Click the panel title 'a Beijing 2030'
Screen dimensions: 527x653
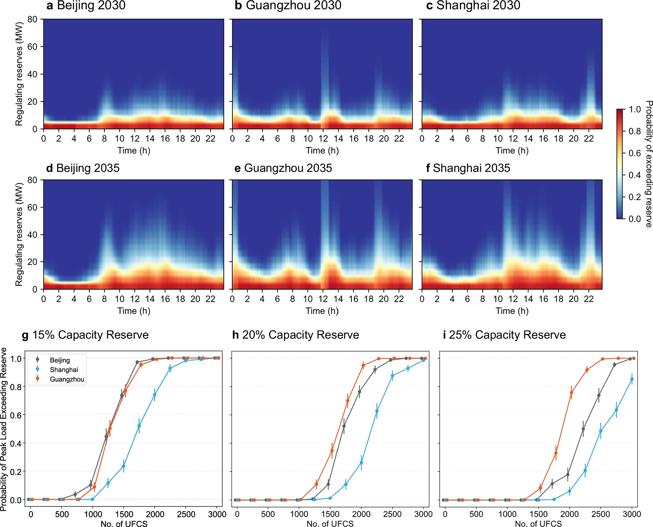coord(86,5)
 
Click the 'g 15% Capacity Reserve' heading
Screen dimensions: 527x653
coord(85,335)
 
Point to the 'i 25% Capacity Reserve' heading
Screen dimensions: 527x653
coord(504,335)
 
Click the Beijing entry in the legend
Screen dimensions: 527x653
coord(60,360)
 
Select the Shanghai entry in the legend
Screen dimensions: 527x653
coord(64,370)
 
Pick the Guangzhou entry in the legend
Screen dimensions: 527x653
coord(67,379)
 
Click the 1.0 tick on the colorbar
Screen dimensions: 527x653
coord(635,109)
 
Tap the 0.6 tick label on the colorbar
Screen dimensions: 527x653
coord(635,153)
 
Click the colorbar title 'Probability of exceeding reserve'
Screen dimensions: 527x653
coord(648,164)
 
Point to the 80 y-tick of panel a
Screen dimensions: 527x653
coord(32,20)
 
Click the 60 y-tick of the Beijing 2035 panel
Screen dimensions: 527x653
coord(32,207)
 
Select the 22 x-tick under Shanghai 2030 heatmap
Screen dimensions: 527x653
coord(589,139)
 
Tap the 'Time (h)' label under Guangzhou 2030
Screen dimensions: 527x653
coord(322,151)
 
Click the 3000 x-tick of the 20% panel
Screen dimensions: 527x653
coord(423,514)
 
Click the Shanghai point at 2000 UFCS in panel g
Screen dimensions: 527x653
coord(154,395)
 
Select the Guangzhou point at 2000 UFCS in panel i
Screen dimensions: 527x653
coord(571,393)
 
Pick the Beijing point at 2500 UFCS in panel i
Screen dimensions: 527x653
coord(599,396)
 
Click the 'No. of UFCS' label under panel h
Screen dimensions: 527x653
coord(330,524)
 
